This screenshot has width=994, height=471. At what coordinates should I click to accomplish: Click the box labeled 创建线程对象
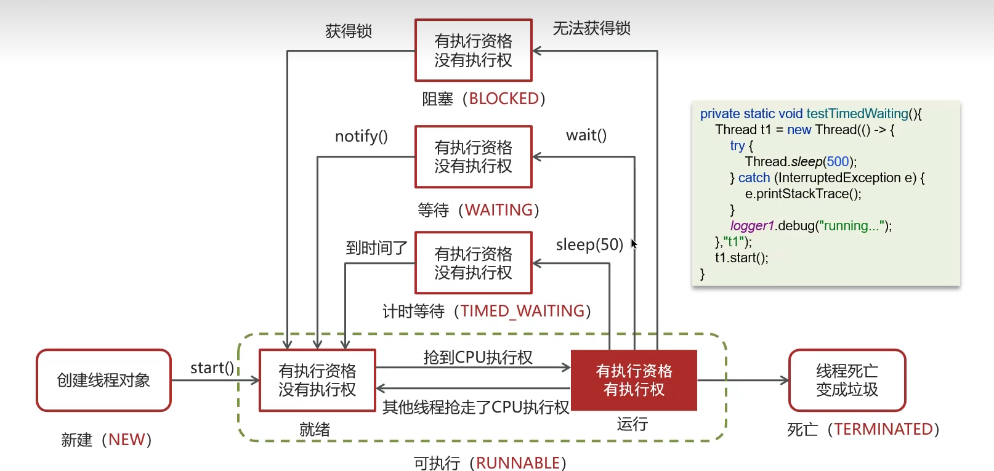pyautogui.click(x=103, y=380)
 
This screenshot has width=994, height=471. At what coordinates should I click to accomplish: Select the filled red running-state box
pyautogui.click(x=634, y=380)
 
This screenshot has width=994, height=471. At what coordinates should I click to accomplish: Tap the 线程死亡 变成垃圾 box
pyautogui.click(x=847, y=380)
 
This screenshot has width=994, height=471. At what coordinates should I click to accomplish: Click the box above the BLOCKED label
pyautogui.click(x=473, y=50)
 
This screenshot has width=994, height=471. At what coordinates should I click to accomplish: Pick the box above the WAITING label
pyautogui.click(x=473, y=157)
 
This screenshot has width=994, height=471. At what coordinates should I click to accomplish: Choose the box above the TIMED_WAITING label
pyautogui.click(x=473, y=263)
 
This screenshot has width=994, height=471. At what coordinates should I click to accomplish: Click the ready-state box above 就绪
pyautogui.click(x=317, y=380)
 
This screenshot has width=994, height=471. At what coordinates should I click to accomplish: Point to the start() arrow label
pyautogui.click(x=212, y=368)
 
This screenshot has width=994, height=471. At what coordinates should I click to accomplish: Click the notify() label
pyautogui.click(x=361, y=136)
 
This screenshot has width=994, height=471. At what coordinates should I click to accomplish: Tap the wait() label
pyautogui.click(x=586, y=135)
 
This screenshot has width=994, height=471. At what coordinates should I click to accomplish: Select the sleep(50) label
pyautogui.click(x=589, y=244)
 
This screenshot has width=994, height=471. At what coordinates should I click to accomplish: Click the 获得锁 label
pyautogui.click(x=349, y=31)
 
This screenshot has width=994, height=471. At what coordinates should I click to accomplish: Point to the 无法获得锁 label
pyautogui.click(x=591, y=28)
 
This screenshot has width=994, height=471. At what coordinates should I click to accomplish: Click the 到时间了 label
pyautogui.click(x=376, y=248)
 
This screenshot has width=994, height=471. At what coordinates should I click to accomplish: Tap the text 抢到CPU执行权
pyautogui.click(x=478, y=357)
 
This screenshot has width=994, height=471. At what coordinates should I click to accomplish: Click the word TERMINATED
pyautogui.click(x=883, y=429)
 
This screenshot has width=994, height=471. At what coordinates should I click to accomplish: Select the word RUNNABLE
pyautogui.click(x=517, y=463)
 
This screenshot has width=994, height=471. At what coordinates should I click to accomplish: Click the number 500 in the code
pyautogui.click(x=838, y=161)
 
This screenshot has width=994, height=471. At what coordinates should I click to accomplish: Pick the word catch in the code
pyautogui.click(x=754, y=177)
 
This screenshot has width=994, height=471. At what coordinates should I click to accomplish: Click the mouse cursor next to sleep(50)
pyautogui.click(x=634, y=244)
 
